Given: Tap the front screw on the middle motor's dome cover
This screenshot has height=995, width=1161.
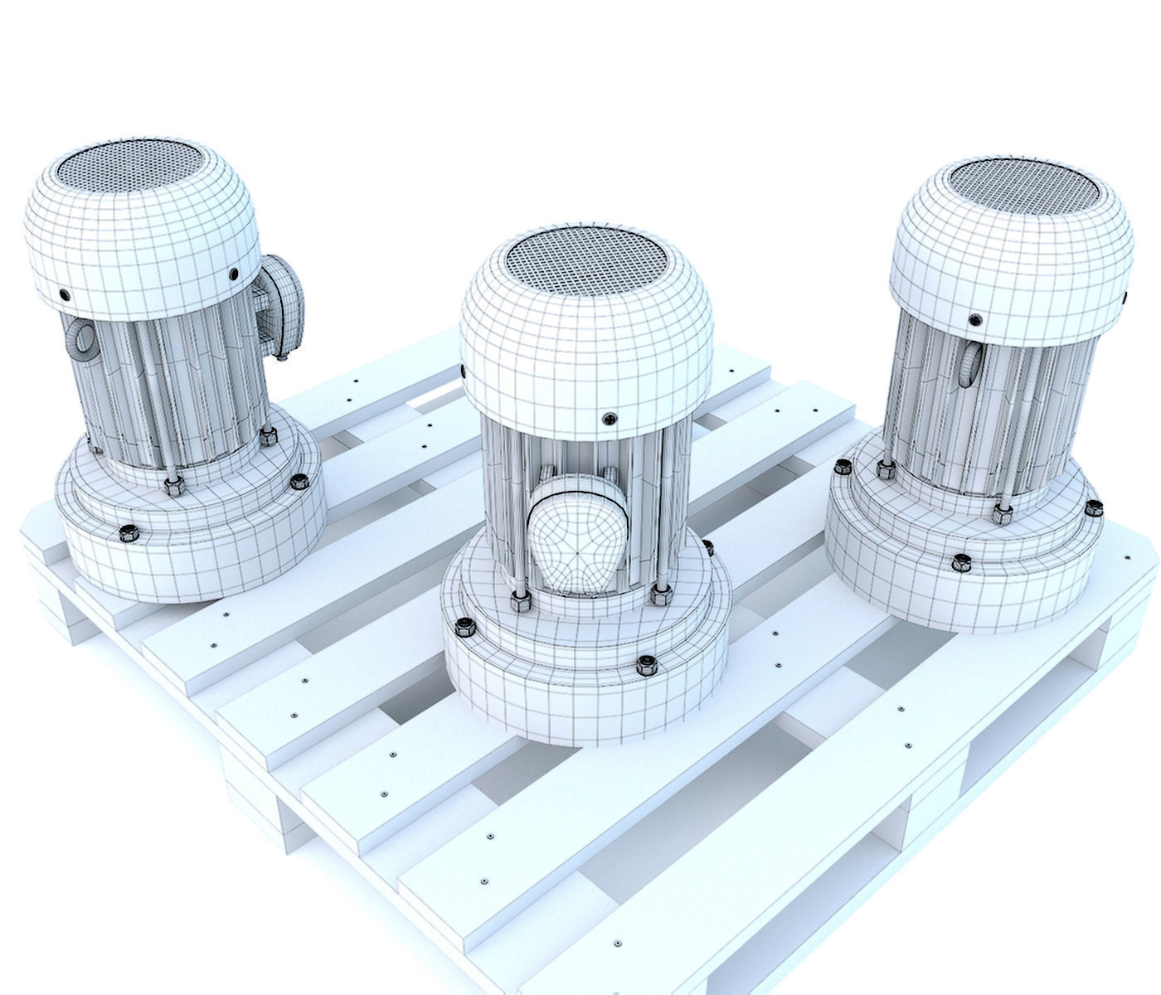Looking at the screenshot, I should [612, 419].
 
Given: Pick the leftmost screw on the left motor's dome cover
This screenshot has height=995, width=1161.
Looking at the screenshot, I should [65, 294].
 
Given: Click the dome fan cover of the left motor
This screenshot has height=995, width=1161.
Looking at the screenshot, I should [141, 240].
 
